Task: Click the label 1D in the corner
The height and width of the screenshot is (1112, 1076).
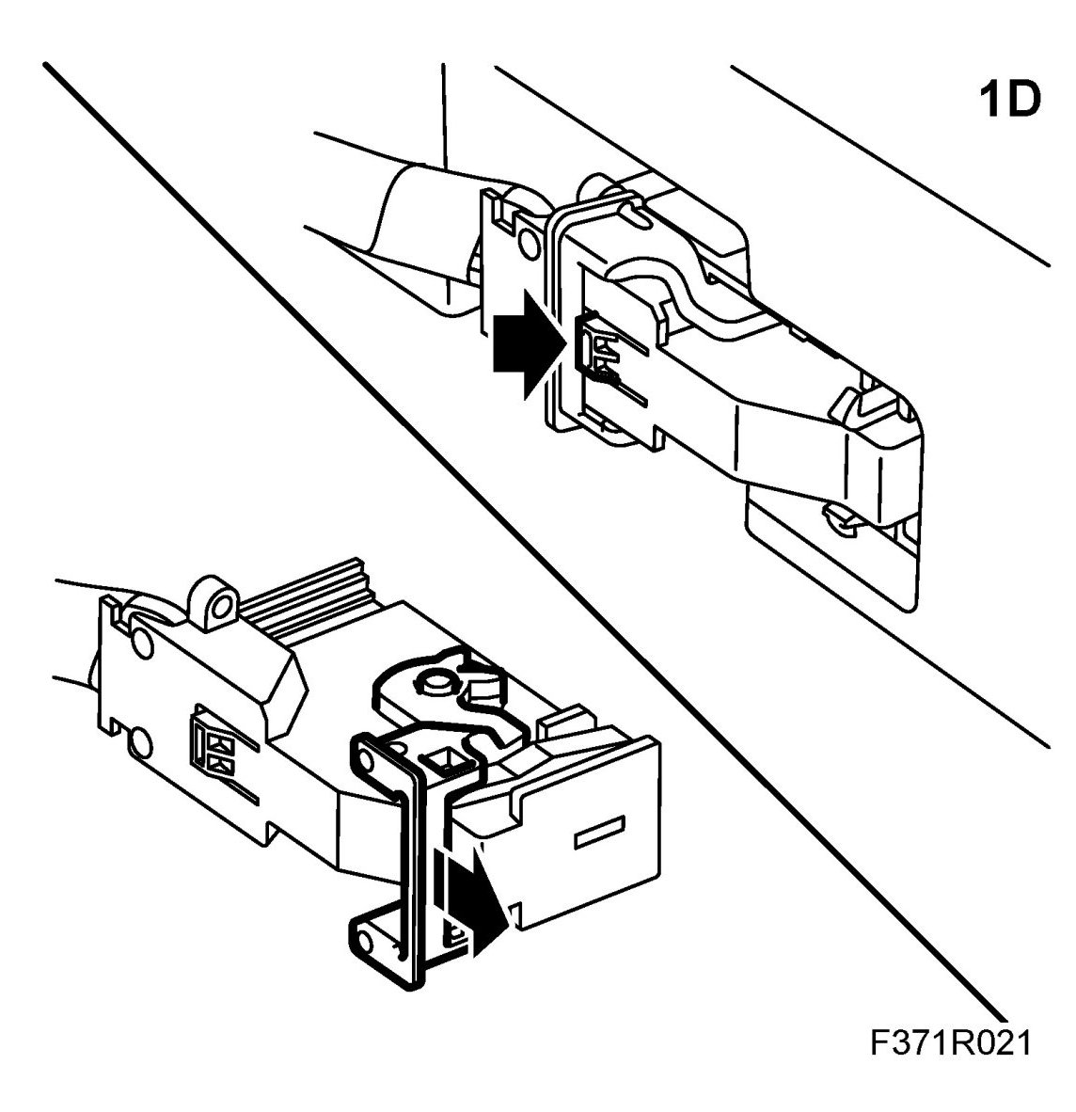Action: tap(1010, 101)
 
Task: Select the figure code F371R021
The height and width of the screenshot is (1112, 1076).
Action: tap(950, 1043)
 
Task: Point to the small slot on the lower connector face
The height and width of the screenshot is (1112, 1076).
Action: tap(599, 832)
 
